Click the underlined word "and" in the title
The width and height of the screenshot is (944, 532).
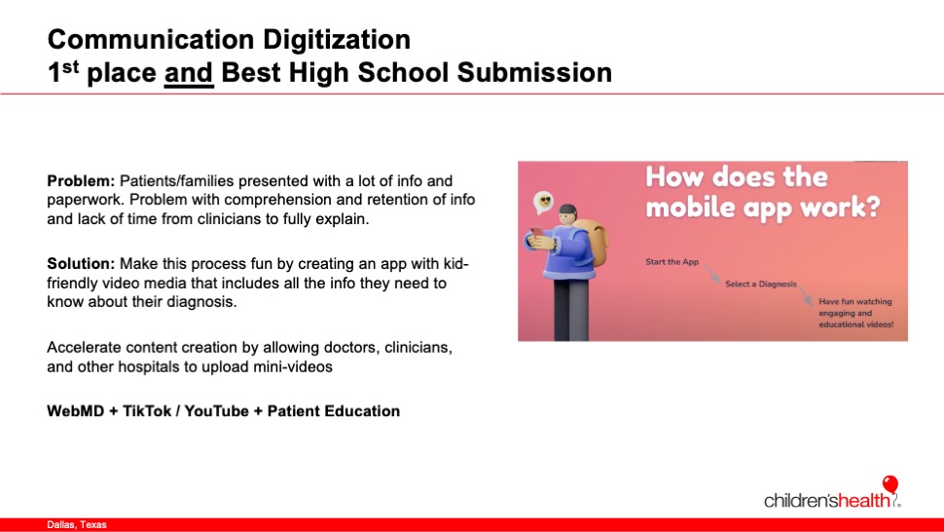point(189,73)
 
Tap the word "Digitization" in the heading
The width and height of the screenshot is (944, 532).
point(337,40)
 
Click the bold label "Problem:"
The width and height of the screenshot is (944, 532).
point(81,181)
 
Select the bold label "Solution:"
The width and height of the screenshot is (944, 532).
point(81,264)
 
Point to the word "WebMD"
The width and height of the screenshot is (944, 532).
point(75,411)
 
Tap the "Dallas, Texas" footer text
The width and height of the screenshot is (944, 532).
point(77,525)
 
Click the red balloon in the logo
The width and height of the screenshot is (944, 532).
point(890,483)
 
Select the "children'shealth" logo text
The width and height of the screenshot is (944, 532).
point(827,500)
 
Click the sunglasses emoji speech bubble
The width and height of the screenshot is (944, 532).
point(544,202)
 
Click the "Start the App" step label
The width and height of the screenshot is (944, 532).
point(672,261)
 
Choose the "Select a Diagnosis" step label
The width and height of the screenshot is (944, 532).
point(761,284)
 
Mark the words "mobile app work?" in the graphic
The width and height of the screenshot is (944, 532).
point(763,207)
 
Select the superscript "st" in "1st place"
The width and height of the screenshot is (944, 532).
point(70,65)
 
